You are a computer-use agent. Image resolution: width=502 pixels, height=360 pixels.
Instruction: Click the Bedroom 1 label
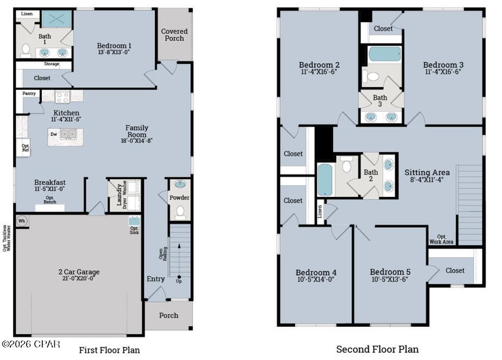114,46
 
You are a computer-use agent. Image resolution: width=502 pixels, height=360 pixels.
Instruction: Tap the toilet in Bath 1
25,49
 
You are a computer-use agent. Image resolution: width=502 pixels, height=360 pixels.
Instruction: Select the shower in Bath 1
56,20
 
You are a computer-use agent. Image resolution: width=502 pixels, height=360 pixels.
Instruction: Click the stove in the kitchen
62,97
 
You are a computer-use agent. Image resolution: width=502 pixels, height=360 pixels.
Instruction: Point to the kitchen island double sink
68,133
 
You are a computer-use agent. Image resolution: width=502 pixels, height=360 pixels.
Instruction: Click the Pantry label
29,94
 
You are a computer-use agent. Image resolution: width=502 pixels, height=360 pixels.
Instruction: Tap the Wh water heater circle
22,221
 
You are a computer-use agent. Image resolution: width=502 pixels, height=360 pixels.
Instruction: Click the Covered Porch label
174,35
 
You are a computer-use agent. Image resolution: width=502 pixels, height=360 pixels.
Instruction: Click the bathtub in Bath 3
385,54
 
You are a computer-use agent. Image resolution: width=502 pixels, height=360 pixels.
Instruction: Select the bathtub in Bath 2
324,179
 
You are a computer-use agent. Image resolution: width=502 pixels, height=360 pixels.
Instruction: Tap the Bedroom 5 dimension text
389,280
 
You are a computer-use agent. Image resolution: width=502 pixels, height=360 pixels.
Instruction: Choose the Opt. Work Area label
442,239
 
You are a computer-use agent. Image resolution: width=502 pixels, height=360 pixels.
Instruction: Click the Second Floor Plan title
377,349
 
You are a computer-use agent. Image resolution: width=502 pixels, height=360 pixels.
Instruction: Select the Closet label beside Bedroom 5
455,270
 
